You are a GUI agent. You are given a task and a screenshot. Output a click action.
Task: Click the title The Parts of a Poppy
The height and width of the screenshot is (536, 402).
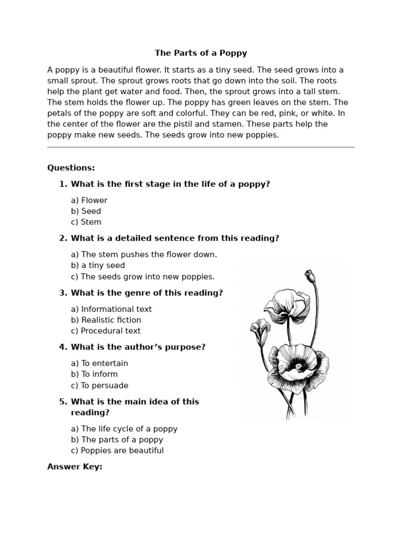click(x=201, y=53)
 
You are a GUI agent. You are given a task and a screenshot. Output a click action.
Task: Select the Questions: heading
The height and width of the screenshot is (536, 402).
click(x=71, y=168)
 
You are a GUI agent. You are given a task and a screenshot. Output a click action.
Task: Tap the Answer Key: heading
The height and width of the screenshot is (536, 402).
click(x=75, y=467)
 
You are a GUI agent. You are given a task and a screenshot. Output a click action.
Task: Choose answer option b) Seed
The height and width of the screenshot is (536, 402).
click(x=86, y=211)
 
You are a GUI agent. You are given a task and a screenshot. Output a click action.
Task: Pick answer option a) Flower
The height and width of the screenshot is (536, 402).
click(x=89, y=200)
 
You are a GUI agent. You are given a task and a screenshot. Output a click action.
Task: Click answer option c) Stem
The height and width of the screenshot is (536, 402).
click(x=86, y=222)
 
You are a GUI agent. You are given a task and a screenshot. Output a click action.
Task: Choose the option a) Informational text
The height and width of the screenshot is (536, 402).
click(x=111, y=309)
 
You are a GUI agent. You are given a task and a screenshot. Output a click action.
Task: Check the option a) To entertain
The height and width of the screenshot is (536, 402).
click(x=99, y=363)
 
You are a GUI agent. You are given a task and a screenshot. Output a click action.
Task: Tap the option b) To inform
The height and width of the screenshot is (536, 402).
click(x=94, y=374)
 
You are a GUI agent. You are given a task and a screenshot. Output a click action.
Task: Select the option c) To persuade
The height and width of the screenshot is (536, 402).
click(x=99, y=385)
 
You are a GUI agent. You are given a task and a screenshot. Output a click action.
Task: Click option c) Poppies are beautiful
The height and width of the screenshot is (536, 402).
click(x=117, y=451)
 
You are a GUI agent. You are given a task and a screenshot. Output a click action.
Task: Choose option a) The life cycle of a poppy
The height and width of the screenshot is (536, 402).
click(x=124, y=429)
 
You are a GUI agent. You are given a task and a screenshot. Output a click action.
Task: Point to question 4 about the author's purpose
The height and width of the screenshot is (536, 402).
click(x=138, y=347)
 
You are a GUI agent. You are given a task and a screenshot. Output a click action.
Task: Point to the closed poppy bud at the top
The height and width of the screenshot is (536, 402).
click(x=309, y=275)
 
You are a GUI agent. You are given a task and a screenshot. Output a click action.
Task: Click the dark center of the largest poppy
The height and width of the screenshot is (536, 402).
click(x=297, y=365)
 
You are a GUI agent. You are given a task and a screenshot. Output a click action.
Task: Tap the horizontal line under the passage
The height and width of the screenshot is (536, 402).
click(x=201, y=148)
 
